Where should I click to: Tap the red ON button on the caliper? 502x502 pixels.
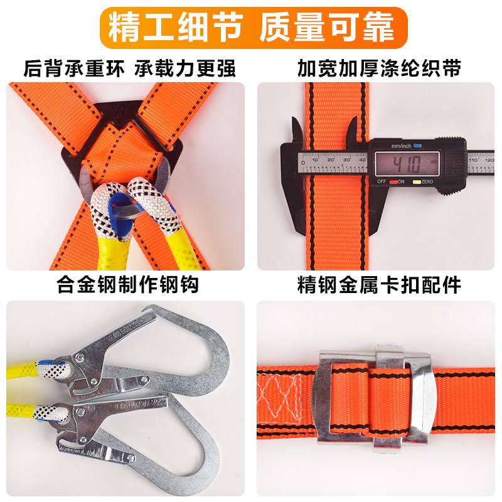pos(393,182)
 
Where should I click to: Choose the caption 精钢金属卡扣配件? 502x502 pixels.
pos(379,286)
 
